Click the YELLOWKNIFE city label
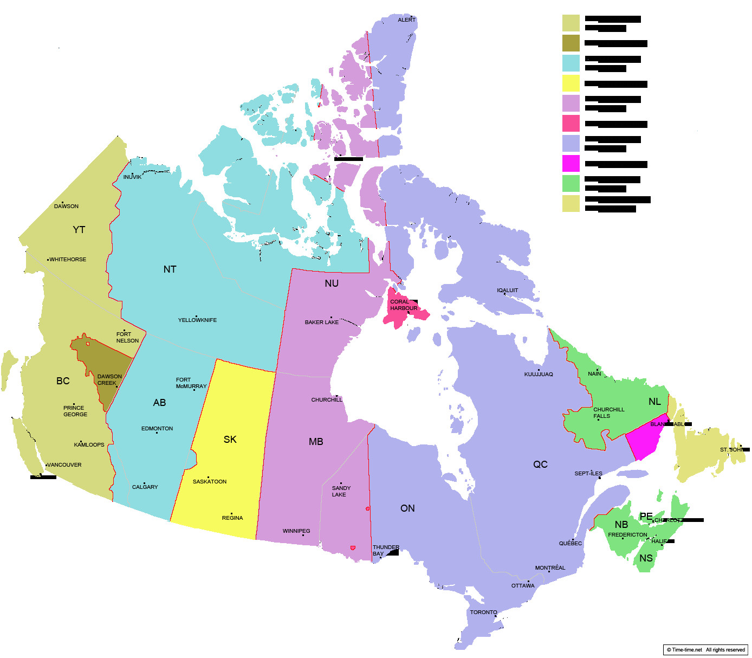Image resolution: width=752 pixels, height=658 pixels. pos(197,320)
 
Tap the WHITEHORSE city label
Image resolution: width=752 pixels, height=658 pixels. pos(68,260)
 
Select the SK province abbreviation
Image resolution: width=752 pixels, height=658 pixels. pos(230,440)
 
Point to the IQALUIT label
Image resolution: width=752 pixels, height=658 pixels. pos(508,291)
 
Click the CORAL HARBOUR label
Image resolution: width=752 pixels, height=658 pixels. pos(404,305)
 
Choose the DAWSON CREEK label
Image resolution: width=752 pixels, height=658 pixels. pos(109,380)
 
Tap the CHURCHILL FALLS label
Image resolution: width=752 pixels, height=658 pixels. pos(608,413)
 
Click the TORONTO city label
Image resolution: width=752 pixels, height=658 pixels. pos(483,612)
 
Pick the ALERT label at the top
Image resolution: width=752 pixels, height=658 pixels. pos(407,20)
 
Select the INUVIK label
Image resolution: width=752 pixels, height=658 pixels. pos(132,177)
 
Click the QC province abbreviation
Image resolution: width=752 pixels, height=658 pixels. pos(540,465)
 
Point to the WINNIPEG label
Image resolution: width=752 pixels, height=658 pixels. pos(296,531)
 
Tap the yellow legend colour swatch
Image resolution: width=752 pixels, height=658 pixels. pos(571,83)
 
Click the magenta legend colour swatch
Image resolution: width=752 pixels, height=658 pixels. pos(571,164)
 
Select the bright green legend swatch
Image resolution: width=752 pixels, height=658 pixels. pos(571,184)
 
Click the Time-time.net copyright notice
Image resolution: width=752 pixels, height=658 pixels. pos(705,650)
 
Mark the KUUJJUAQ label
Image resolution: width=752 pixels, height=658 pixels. pos(539,375)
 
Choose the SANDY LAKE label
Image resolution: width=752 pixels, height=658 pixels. pos(341,492)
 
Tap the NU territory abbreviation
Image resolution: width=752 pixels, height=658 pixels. pos(332,283)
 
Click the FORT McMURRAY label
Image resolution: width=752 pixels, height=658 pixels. pos(191,383)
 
